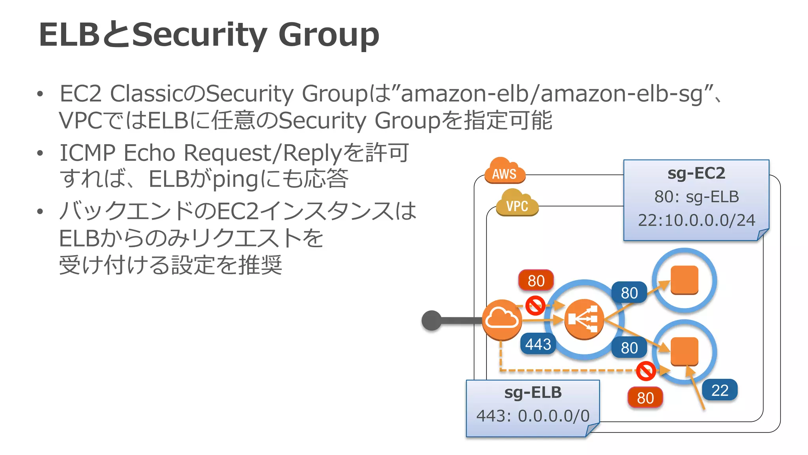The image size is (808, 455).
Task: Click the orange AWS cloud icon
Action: tap(505, 171)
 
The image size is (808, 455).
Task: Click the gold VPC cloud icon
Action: tap(517, 203)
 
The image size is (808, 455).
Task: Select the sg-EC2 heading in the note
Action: tap(696, 173)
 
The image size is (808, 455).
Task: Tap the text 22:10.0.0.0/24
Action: tap(696, 220)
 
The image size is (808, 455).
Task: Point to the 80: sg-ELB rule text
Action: tap(696, 197)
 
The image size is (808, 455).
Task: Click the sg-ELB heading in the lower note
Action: tap(533, 393)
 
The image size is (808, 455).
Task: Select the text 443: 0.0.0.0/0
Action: tap(533, 416)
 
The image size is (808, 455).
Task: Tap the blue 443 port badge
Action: tap(538, 344)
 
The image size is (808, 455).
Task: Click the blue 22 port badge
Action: tap(720, 390)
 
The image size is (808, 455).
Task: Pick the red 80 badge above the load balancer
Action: tap(536, 281)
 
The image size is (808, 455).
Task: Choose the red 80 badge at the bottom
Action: tap(645, 398)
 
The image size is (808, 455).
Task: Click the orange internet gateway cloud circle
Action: tap(502, 320)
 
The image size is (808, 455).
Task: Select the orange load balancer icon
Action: tap(584, 320)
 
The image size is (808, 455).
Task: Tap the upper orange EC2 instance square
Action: tap(685, 280)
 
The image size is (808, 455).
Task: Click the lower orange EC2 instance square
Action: tap(685, 351)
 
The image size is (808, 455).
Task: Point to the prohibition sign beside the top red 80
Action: tap(535, 305)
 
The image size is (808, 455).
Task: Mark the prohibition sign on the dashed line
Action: tap(646, 371)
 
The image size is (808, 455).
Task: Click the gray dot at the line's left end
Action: tap(432, 320)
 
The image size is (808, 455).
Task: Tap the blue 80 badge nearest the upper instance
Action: tap(629, 293)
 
